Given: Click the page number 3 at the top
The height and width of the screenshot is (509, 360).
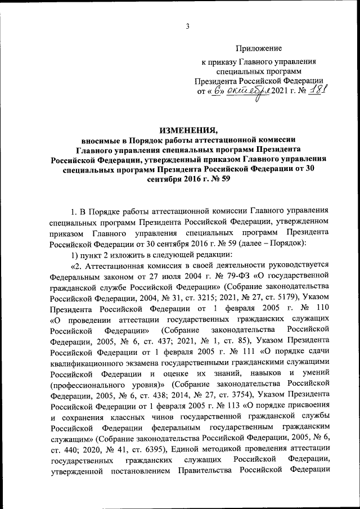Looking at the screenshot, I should [x=187, y=25].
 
